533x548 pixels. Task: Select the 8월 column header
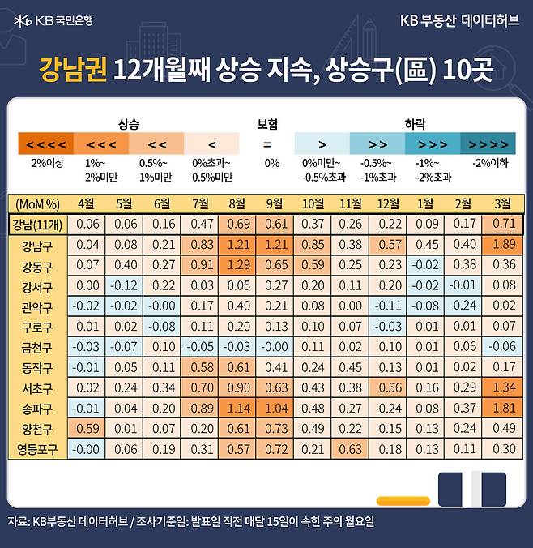(237, 202)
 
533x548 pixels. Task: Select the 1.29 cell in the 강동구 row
(237, 265)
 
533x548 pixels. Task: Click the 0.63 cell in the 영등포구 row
(350, 448)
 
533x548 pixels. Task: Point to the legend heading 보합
(267, 125)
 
